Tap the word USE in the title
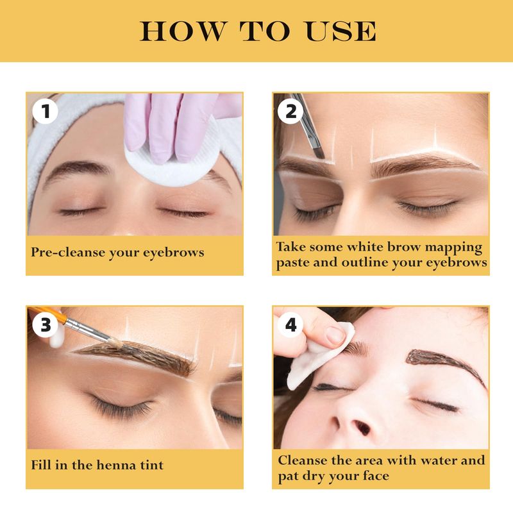click(x=341, y=31)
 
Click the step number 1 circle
click(x=45, y=111)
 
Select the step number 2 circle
click(x=290, y=111)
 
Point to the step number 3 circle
click(x=45, y=324)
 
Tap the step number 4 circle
click(x=290, y=324)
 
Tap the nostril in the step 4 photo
click(x=362, y=427)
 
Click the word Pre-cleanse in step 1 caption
click(x=68, y=252)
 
